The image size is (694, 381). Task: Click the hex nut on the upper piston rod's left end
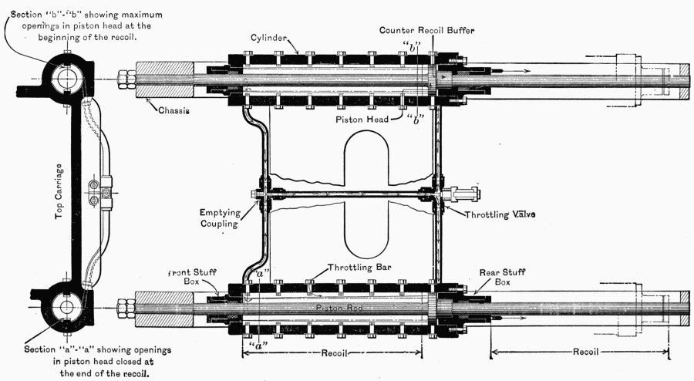click(126, 80)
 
